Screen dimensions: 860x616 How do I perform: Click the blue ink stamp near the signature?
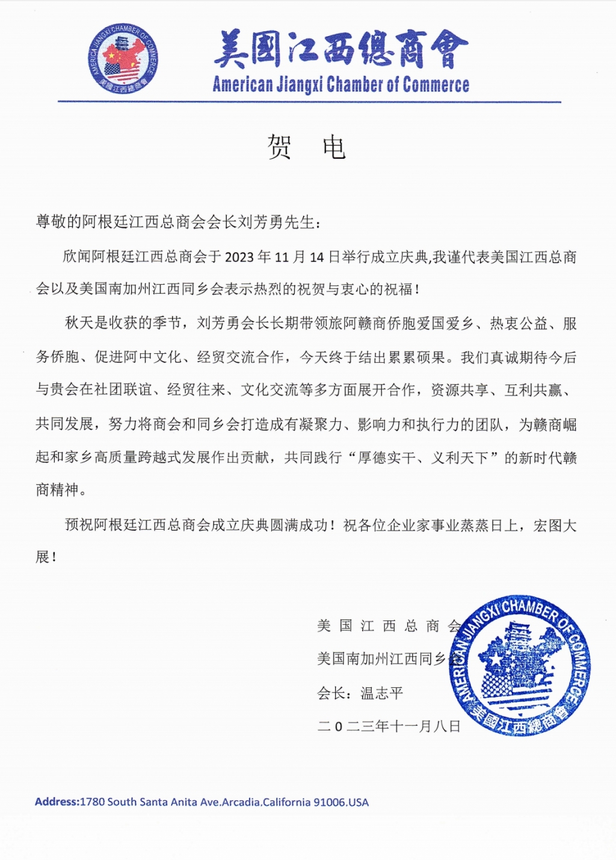coord(520,666)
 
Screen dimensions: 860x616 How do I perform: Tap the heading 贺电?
coord(306,147)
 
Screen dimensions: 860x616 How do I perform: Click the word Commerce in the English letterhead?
coord(436,85)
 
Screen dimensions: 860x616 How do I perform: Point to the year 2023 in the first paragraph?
coord(239,258)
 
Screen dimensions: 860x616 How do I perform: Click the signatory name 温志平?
coord(381,693)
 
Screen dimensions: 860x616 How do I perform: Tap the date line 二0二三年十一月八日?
coord(389,726)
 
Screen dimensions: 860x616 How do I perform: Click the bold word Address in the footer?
coord(57,802)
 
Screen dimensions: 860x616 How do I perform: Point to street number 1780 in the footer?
coord(92,802)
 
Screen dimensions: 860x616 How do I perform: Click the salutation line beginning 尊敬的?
coord(179,223)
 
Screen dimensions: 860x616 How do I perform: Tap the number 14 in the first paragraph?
coord(317,258)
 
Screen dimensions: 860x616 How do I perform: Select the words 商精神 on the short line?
coord(57,490)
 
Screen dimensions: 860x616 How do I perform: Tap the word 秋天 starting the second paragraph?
coord(79,324)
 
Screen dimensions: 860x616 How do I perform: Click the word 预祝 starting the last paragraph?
coord(79,525)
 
